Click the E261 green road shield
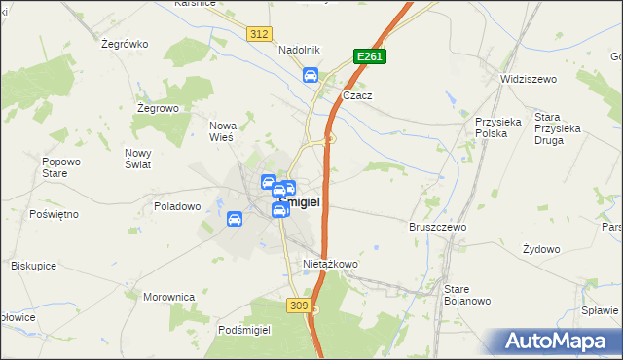point(370,57)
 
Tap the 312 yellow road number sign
point(258,34)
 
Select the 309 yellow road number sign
point(300,306)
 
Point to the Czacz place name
point(358,96)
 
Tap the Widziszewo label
point(527,78)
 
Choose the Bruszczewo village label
point(438,226)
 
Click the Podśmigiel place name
point(244,330)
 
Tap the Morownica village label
point(169,297)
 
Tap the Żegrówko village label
point(124,44)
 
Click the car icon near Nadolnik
point(311,75)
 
